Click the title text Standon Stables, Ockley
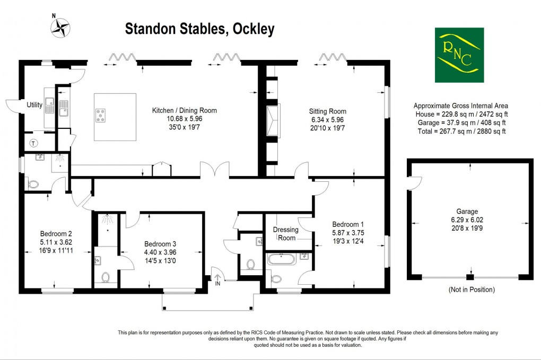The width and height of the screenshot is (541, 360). coord(199,29)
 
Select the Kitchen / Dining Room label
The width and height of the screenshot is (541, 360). coord(184,111)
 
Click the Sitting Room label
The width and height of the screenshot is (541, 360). coord(327,111)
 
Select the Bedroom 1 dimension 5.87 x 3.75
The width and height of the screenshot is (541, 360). coord(348,232)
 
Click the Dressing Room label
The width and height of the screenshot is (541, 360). coord(285,234)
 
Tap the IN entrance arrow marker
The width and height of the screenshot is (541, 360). coord(217,277)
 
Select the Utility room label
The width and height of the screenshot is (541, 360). coord(34,105)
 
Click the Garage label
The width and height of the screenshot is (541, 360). coord(470,210)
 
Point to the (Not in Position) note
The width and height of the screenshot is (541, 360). coord(471,289)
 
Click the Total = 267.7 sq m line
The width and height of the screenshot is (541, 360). coord(460,131)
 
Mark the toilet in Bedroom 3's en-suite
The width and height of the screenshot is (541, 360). coord(105,277)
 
